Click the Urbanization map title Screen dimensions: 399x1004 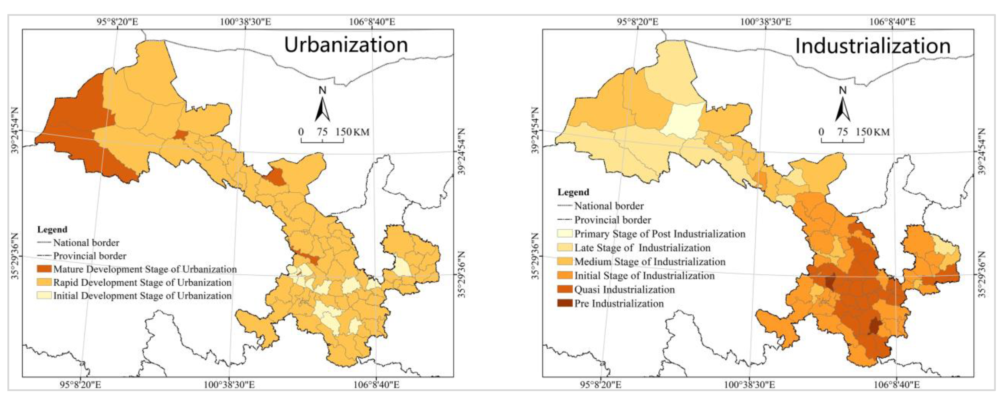tap(346, 45)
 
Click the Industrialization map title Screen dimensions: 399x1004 tap(872, 46)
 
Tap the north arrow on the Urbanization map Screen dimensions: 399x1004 tap(322, 105)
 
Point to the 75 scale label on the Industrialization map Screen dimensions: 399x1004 tap(842, 132)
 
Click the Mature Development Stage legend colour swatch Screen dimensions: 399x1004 tap(44, 269)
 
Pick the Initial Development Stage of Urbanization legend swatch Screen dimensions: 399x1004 tap(44, 296)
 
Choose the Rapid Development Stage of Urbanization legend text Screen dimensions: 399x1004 tap(142, 282)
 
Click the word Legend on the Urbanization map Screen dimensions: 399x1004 tap(52, 229)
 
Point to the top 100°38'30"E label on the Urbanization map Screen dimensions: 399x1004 tap(245, 21)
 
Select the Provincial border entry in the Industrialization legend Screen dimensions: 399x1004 tap(612, 220)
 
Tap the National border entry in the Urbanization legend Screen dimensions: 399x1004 tap(86, 243)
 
